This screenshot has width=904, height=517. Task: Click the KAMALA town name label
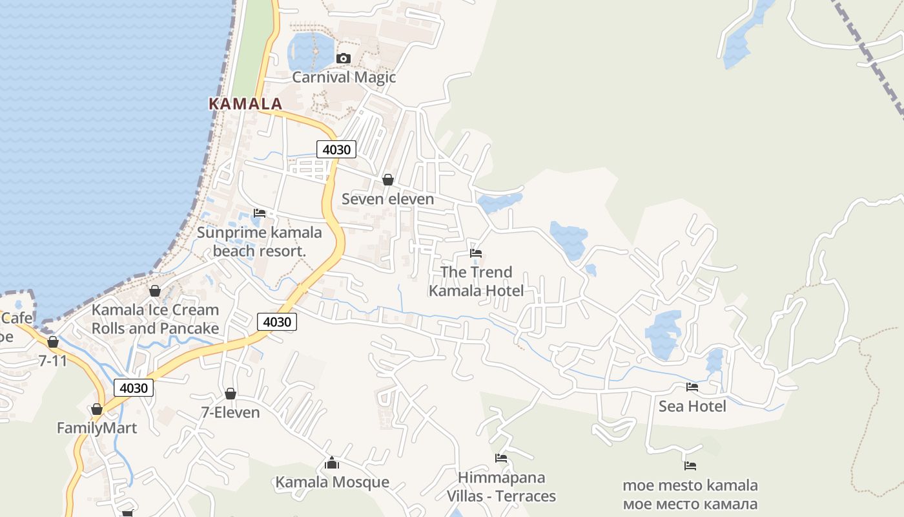point(245,103)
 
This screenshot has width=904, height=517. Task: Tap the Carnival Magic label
point(344,78)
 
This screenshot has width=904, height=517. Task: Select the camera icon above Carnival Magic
point(344,59)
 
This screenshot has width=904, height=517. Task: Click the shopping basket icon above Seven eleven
point(388,180)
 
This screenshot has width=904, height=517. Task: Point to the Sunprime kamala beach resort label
point(259,242)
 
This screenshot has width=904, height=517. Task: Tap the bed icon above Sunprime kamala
point(260,213)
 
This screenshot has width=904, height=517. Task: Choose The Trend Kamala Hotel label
point(477,281)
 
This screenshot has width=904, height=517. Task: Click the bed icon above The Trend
point(476,253)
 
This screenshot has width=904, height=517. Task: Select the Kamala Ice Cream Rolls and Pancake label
point(155,319)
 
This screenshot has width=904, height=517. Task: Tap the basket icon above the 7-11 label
point(53,342)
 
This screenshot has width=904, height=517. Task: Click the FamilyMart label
point(97,428)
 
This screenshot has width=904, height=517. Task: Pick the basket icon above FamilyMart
point(97,409)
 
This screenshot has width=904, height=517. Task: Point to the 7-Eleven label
point(231,412)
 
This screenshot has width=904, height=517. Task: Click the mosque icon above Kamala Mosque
point(332,463)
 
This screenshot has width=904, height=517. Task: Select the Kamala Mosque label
point(332,482)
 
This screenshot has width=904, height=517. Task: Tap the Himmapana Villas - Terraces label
point(501,487)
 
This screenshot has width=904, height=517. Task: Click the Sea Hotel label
point(692,406)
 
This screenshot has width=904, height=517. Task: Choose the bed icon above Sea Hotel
point(692,387)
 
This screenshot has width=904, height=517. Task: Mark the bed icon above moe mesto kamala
point(690,465)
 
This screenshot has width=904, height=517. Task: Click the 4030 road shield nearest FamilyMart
point(134,388)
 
